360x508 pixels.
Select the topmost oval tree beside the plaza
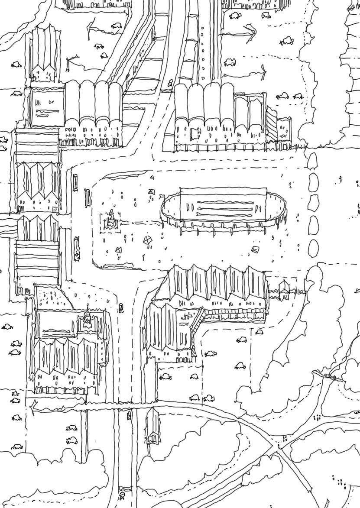313,161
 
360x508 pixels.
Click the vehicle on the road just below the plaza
121,308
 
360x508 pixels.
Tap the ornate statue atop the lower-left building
88,319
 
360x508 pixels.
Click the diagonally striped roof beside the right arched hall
271,124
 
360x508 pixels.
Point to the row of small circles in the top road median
202,52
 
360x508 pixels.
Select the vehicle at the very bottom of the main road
124,494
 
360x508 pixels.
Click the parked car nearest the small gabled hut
259,332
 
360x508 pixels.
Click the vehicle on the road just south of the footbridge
129,417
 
